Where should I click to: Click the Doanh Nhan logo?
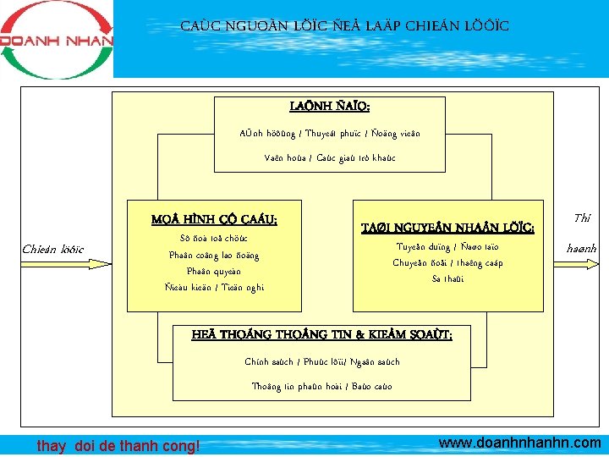coord(57,39)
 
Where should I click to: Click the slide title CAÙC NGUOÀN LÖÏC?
coord(344,26)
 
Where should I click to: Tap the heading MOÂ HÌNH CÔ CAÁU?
coord(214,220)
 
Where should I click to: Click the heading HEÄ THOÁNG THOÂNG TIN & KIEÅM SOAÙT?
coord(322,335)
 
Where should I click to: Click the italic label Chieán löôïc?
coord(52,249)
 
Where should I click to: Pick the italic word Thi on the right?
coord(582,218)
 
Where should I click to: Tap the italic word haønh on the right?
coord(582,249)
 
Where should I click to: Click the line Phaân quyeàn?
coord(214,272)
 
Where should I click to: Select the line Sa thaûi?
coord(447,278)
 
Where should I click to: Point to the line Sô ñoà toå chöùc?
coord(214,239)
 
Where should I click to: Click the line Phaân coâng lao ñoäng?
coord(214,256)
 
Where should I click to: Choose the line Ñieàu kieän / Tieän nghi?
coord(214,288)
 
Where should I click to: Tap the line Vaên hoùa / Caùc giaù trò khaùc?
coord(329,158)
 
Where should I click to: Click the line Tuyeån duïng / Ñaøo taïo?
coord(447,247)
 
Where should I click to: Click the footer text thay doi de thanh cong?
coord(118,446)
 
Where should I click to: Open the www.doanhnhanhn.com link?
coord(520,443)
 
